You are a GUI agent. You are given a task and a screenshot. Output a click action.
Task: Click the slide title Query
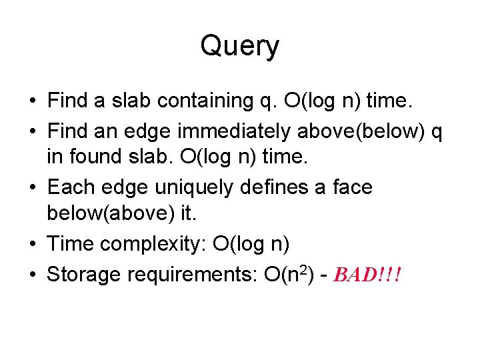pos(239,47)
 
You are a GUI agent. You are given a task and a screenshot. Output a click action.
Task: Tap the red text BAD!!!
pos(368,275)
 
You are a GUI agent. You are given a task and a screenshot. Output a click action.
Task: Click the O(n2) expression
pos(281,275)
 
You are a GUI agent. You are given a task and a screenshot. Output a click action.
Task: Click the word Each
pos(68,188)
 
